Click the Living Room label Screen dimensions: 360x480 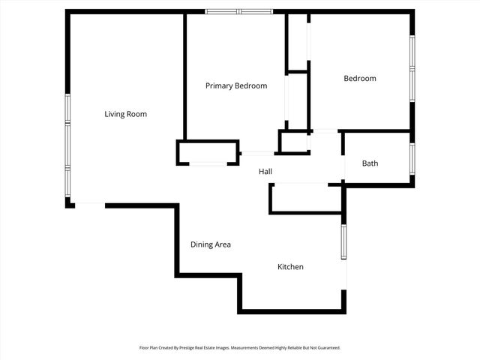click(125, 114)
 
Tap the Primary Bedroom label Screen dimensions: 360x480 click(236, 85)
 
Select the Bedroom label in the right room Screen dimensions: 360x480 click(360, 79)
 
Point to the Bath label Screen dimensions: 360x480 click(370, 163)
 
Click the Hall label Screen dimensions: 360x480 click(265, 172)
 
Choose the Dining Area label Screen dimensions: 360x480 click(210, 244)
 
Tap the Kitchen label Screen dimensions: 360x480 click(290, 267)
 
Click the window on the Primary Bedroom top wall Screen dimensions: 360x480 click(240, 11)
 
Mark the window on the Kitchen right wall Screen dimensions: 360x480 click(343, 241)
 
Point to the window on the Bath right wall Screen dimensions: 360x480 click(412, 158)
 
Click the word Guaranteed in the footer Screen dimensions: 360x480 click(328, 348)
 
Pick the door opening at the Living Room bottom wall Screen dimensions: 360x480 click(90, 204)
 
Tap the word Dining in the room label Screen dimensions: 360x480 click(201, 244)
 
